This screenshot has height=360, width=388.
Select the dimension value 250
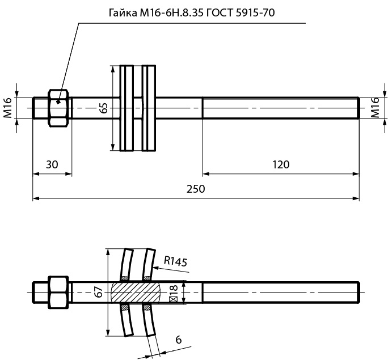(x=195, y=189)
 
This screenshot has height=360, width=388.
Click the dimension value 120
(x=280, y=164)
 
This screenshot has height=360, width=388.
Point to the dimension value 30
(x=52, y=164)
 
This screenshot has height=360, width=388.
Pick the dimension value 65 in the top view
(x=103, y=108)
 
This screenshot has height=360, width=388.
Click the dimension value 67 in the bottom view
(x=99, y=293)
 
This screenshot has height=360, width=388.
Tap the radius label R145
(x=175, y=261)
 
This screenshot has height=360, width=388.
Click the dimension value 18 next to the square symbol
(x=174, y=289)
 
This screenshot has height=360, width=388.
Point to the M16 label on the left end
(x=8, y=108)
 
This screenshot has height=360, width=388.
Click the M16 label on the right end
(x=375, y=108)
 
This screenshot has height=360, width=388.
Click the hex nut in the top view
(x=59, y=108)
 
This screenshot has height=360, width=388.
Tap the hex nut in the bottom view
(x=59, y=292)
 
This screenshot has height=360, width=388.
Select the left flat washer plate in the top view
(x=126, y=108)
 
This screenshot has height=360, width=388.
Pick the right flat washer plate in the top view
(x=148, y=108)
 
